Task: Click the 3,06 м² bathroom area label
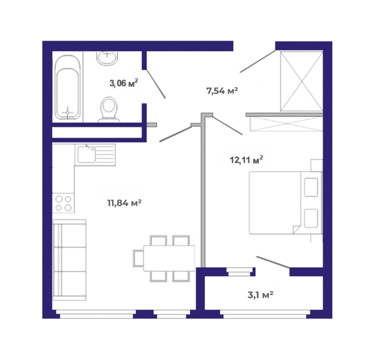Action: tap(123, 83)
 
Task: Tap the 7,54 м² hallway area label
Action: tap(222, 91)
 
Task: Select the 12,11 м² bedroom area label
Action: tap(246, 160)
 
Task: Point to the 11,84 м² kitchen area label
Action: tap(124, 203)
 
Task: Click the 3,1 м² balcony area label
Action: tap(261, 295)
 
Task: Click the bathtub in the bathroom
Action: tap(68, 87)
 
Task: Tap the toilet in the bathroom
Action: tap(109, 109)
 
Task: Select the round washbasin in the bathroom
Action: tap(107, 58)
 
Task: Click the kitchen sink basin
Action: tap(87, 154)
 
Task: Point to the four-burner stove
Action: tap(63, 204)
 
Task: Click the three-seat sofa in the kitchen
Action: tap(70, 260)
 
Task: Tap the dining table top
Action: tap(169, 258)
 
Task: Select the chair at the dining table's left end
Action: tap(138, 258)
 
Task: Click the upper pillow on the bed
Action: tap(311, 187)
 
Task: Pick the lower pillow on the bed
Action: tap(311, 218)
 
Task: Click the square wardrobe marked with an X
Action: tap(301, 81)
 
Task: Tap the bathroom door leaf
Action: tap(156, 84)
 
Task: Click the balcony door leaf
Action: tap(273, 262)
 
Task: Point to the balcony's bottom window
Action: tap(265, 315)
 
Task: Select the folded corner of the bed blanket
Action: tap(297, 229)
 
